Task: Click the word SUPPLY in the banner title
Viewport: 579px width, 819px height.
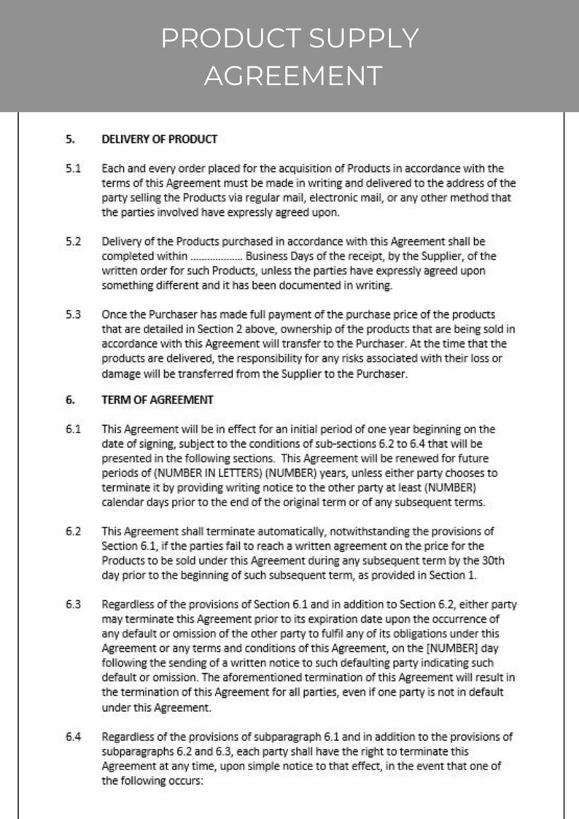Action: point(360,38)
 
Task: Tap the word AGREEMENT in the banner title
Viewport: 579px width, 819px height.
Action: point(292,75)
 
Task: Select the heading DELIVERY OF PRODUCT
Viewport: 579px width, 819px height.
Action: point(159,139)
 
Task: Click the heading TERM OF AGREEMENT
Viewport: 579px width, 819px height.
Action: point(158,400)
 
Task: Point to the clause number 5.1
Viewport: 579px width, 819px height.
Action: point(73,168)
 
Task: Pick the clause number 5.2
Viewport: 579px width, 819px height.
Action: point(73,241)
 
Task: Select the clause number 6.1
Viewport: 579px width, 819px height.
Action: point(73,429)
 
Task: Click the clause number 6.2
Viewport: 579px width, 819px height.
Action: point(73,531)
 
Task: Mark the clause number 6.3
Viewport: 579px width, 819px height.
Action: point(73,604)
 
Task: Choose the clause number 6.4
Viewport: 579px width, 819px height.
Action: point(73,736)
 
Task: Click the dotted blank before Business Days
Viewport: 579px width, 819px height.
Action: point(216,257)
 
